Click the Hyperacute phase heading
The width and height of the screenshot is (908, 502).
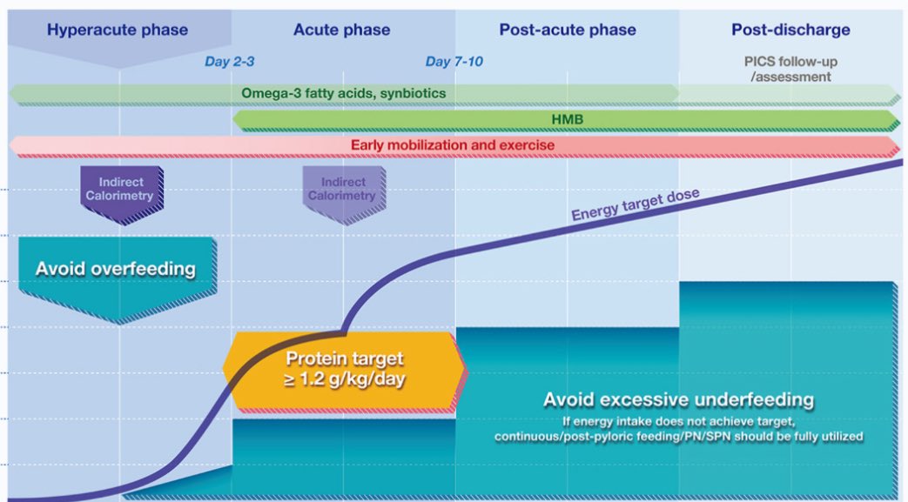[118, 30]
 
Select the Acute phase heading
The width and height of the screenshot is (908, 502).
[342, 30]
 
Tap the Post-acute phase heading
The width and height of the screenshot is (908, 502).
[568, 30]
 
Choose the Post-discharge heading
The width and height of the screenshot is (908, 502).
[790, 30]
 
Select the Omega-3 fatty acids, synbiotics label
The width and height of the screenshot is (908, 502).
[344, 92]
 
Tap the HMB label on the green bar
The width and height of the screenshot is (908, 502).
[565, 119]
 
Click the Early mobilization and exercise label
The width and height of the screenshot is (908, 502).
[453, 144]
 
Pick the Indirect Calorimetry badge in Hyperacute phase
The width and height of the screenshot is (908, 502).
[119, 190]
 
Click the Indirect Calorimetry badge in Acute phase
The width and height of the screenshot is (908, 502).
[343, 190]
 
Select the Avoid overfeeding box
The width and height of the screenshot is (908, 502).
[116, 269]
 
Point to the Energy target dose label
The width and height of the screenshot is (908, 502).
[636, 204]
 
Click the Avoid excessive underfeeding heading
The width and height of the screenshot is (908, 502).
[678, 400]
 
